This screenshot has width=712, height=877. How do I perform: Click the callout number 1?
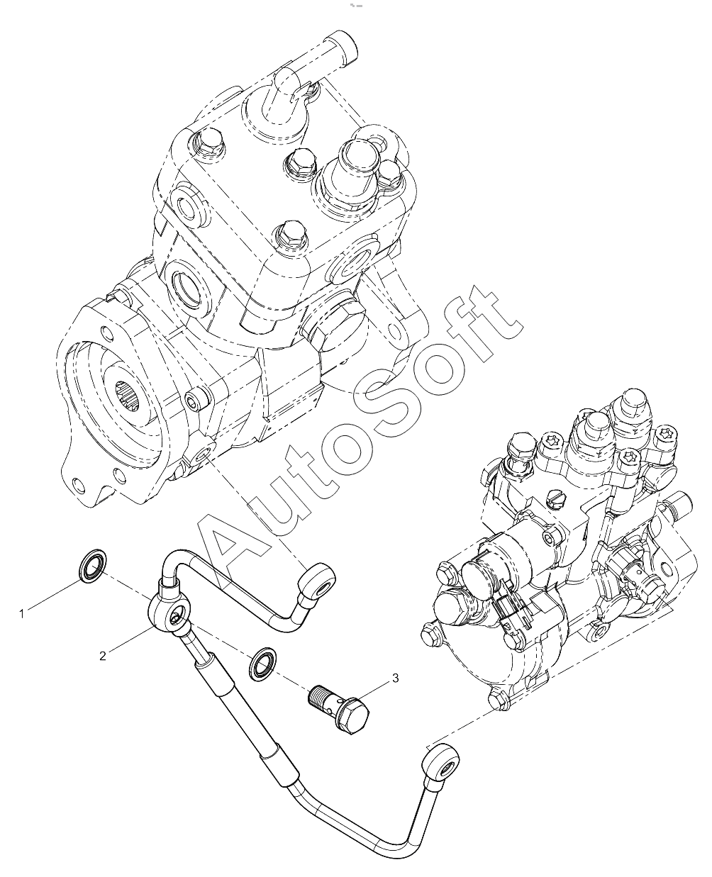22,614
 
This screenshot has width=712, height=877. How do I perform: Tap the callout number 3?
395,678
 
